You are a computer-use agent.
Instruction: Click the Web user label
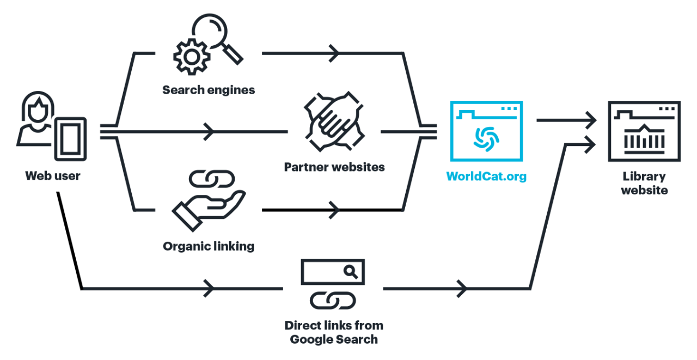[x=52, y=176]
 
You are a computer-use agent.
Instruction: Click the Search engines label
[x=209, y=90]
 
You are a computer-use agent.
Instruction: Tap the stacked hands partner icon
[x=333, y=124]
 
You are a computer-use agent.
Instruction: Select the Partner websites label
[x=334, y=167]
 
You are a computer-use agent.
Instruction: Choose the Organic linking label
[x=209, y=246]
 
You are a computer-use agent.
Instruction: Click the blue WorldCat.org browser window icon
[x=486, y=131]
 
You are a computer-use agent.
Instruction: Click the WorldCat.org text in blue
[x=486, y=176]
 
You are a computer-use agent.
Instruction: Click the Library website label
[x=644, y=183]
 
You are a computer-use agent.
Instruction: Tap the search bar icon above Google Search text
[x=333, y=272]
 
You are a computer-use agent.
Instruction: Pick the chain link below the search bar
[x=333, y=300]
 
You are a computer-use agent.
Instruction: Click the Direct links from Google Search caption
[x=334, y=332]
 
